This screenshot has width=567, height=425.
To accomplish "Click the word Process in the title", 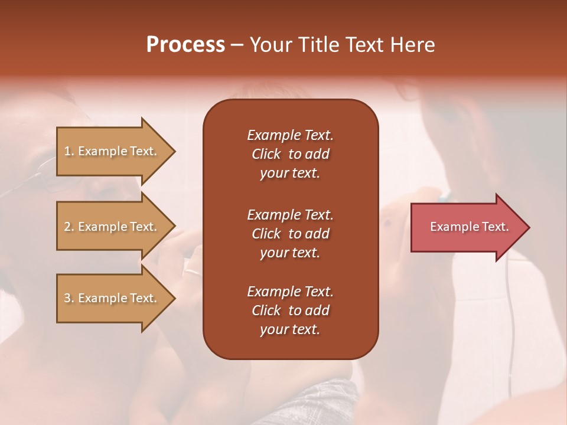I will (x=185, y=45).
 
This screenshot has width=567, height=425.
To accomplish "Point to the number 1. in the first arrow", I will (x=69, y=151).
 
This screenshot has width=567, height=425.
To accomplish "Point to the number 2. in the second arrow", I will (x=69, y=227).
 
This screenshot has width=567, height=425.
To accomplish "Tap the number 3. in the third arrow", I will (x=69, y=298).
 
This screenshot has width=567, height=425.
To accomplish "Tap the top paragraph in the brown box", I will (x=290, y=154).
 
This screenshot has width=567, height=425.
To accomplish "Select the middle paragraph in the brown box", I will (x=290, y=234).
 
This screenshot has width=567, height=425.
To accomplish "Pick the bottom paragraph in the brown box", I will (x=290, y=310).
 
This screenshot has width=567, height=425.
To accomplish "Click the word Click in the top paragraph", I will (x=266, y=154).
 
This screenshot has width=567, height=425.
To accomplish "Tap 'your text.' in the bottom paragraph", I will (x=290, y=329).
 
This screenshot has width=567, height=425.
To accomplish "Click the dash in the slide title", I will (x=236, y=45).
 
